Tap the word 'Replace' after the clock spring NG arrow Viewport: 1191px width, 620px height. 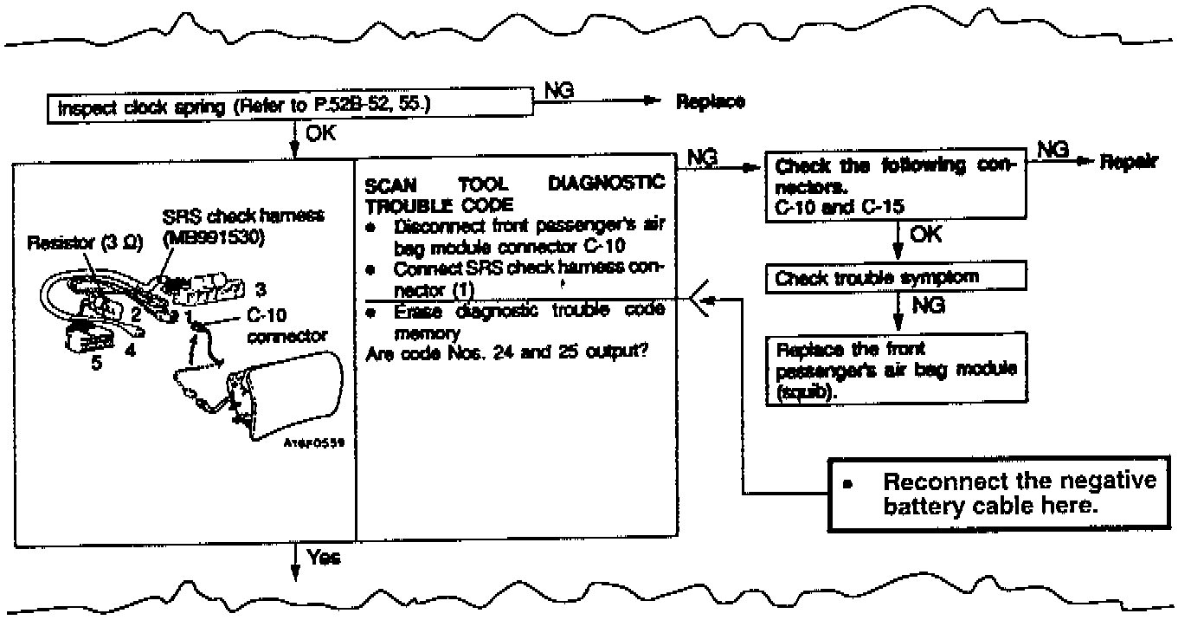710,101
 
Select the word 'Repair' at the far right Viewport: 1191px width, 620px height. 1129,162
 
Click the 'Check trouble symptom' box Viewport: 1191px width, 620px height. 897,279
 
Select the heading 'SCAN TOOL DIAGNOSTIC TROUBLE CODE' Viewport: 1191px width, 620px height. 514,192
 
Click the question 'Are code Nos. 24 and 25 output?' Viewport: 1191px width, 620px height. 507,355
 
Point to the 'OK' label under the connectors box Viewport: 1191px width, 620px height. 925,236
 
